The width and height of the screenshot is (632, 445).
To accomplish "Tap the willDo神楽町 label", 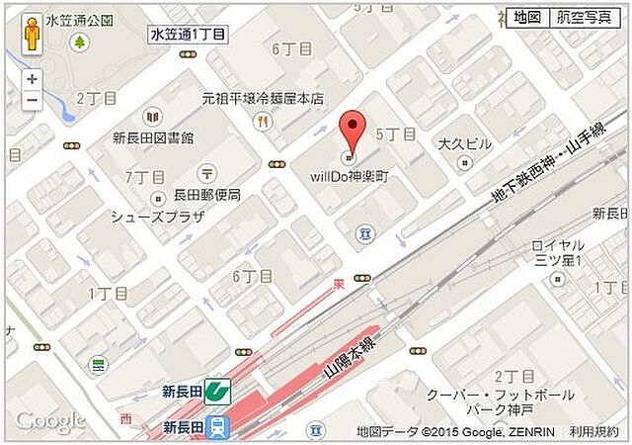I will click(346, 175).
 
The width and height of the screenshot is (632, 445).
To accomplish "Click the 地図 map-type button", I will click(524, 18).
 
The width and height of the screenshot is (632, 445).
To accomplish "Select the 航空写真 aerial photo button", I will click(583, 18).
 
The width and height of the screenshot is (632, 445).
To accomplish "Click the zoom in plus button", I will click(33, 79).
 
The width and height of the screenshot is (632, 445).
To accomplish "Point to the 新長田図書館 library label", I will click(153, 137).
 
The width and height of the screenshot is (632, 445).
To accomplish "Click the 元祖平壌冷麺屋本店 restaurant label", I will click(263, 99).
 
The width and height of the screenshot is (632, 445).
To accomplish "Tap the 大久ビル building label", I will click(465, 144).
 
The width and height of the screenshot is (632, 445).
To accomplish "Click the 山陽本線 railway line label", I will click(351, 362).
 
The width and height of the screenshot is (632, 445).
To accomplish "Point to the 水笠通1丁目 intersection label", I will click(188, 34).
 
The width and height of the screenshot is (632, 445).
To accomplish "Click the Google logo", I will click(49, 421).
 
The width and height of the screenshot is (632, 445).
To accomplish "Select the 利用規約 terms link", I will click(593, 431).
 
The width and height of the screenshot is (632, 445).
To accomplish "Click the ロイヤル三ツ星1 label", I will click(558, 252).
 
